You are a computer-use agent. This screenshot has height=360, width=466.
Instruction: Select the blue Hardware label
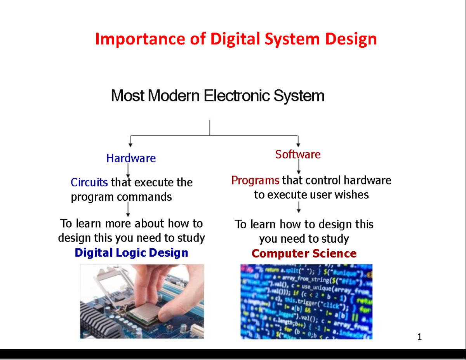pos(131,158)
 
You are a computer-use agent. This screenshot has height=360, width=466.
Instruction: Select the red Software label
pos(298,155)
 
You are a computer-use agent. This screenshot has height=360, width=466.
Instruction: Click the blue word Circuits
pos(89,182)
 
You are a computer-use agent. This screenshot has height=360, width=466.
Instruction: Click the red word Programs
pos(255,180)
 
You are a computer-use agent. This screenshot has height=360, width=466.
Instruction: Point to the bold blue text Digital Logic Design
pos(131,253)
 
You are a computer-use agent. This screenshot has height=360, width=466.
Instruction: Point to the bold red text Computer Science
pos(304,254)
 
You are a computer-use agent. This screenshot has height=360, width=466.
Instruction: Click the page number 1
pos(419,337)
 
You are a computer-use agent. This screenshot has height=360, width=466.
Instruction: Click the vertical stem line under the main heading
pos(210,127)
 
